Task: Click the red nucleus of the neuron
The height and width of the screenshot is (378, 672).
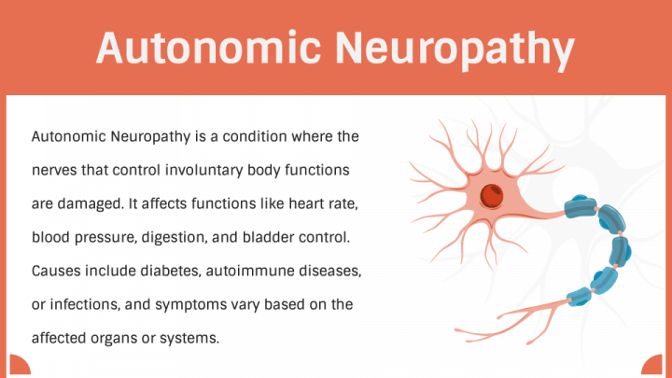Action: (491, 196)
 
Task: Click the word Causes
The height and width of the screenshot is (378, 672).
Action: (56, 271)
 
